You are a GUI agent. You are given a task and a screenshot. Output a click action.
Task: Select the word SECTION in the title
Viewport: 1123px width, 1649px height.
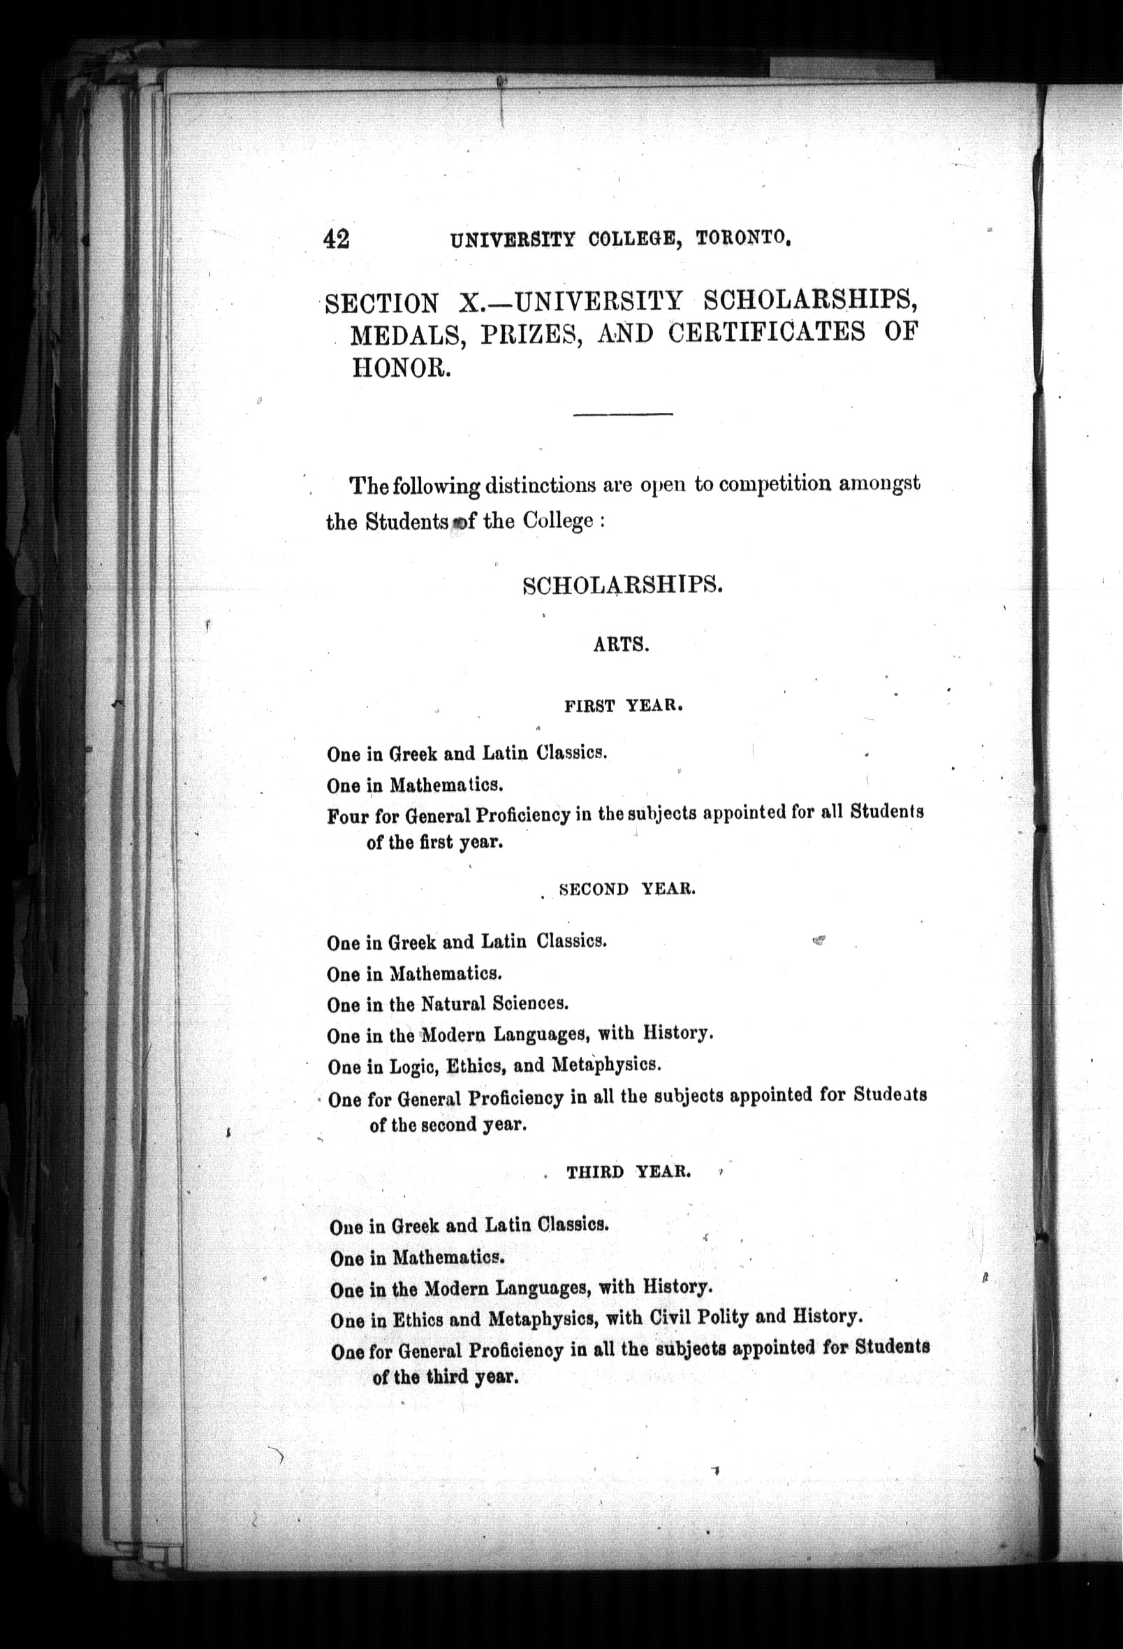[381, 304]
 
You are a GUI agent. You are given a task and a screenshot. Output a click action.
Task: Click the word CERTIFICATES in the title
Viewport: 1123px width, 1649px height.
[767, 333]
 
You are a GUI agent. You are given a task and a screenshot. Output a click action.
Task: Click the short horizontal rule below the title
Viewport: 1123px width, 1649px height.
[622, 414]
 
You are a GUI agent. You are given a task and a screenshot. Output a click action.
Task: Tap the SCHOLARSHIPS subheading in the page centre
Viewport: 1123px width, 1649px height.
[622, 586]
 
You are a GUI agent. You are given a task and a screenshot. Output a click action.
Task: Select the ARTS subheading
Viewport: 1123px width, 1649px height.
[622, 646]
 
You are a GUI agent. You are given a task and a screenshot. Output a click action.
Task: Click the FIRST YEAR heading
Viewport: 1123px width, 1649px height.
[624, 706]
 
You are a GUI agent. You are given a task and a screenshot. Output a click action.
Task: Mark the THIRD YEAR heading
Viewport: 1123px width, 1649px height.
[628, 1172]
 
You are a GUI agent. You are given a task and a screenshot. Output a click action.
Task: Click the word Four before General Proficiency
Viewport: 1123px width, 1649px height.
[348, 817]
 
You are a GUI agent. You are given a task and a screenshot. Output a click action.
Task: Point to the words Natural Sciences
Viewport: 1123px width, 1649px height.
[494, 1004]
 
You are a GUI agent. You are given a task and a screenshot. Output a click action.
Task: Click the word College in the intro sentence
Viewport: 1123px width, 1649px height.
[557, 521]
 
